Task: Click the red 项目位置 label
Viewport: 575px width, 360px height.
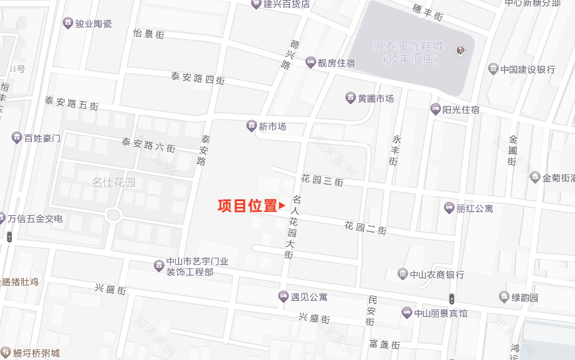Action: click(x=247, y=206)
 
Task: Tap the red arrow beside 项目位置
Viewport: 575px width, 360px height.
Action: click(x=282, y=206)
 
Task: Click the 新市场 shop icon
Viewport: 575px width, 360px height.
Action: click(x=252, y=126)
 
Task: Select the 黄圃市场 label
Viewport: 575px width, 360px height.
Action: click(x=376, y=98)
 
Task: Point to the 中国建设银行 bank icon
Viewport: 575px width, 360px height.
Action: click(x=493, y=69)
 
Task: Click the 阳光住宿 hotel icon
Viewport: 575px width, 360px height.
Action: click(x=436, y=110)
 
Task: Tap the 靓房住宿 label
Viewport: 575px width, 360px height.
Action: click(x=336, y=63)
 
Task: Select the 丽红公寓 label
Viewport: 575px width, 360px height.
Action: click(x=475, y=209)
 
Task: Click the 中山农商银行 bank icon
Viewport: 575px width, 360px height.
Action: click(x=402, y=274)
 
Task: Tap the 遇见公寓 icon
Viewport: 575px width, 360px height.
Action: click(x=284, y=296)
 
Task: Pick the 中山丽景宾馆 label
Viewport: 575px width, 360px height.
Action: click(x=441, y=314)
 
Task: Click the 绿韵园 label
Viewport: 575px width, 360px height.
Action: click(x=525, y=298)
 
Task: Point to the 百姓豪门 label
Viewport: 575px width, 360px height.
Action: click(x=42, y=138)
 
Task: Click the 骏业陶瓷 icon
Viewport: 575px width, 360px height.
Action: click(x=68, y=23)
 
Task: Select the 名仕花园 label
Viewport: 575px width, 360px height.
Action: click(x=114, y=182)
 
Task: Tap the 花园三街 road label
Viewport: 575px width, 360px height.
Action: click(x=322, y=180)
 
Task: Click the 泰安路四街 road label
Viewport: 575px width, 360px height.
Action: click(x=198, y=78)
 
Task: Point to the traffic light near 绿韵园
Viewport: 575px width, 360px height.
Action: click(x=452, y=298)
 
